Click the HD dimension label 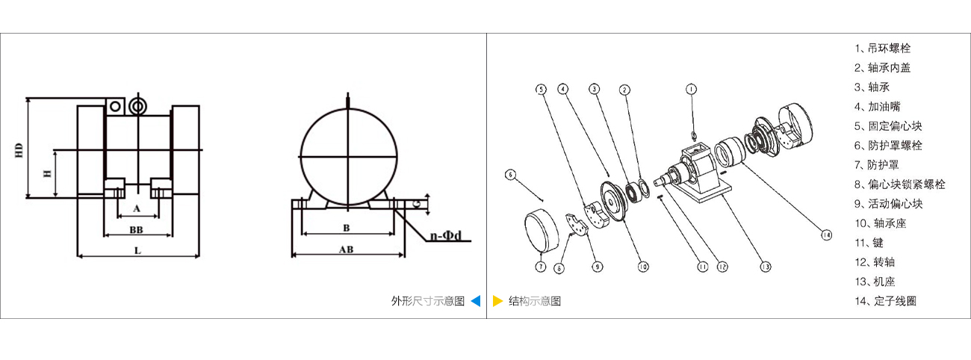point(19,150)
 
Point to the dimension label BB point(136,229)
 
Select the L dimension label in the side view point(137,250)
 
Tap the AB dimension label point(346,249)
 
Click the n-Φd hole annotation point(446,236)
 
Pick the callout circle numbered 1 point(691,89)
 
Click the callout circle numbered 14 point(826,235)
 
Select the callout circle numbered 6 point(511,175)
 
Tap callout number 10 point(643,267)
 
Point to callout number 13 point(765,267)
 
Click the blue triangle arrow point(476,301)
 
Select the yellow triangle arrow point(497,301)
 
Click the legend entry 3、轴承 point(872,87)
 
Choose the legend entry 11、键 point(869,243)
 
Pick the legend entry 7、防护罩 point(876,164)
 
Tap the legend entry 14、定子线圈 point(886,301)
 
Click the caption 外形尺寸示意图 point(427,301)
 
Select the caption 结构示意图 point(535,301)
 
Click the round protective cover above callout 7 point(541,231)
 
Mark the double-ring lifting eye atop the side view point(138,106)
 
